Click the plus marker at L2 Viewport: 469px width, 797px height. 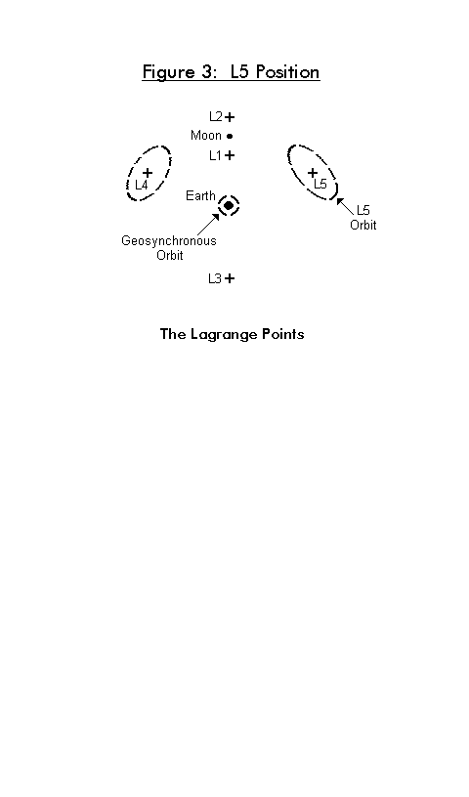(x=230, y=117)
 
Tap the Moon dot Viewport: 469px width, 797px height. (x=230, y=136)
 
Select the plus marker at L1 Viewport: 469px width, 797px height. (x=230, y=155)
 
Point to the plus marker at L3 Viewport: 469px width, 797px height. (x=230, y=278)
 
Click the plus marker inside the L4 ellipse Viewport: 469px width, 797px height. (x=147, y=173)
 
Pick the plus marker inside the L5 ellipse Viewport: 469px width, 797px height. (x=313, y=173)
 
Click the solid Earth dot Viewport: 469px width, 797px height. (x=229, y=205)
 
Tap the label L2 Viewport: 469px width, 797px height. (x=216, y=117)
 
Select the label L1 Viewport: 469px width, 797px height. (x=215, y=155)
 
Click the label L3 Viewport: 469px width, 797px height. (x=215, y=278)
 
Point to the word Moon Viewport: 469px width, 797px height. (x=206, y=136)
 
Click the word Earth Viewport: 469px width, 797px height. (x=201, y=195)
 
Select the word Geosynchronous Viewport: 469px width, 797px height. (x=169, y=241)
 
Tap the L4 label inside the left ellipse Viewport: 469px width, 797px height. (x=142, y=185)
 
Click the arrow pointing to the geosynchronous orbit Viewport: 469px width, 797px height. (x=208, y=225)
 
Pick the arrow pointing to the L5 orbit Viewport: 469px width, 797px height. (x=345, y=206)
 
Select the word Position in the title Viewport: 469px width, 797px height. (x=288, y=71)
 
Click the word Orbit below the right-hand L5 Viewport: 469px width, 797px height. (x=363, y=225)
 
